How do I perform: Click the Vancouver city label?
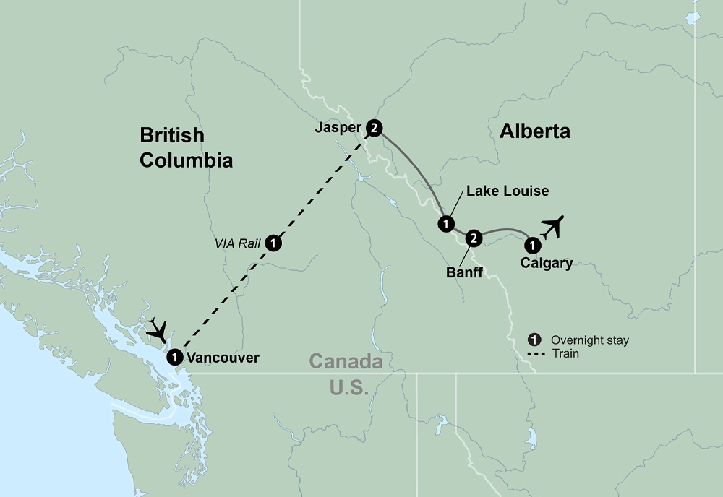point(223,357)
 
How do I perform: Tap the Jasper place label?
point(338,129)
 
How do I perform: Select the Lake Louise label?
point(508,191)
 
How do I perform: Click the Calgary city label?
point(547,263)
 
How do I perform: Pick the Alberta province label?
point(534,131)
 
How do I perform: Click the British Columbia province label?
point(186,147)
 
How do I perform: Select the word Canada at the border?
point(346,360)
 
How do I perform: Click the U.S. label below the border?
point(349,387)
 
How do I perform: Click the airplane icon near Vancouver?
point(159,331)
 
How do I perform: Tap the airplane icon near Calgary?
point(553,226)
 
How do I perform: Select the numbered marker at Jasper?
point(373,127)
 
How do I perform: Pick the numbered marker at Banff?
point(473,238)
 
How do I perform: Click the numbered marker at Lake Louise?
point(445,223)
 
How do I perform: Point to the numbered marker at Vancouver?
point(174,357)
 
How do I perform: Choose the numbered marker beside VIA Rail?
point(273,243)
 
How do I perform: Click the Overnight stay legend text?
point(589,340)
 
